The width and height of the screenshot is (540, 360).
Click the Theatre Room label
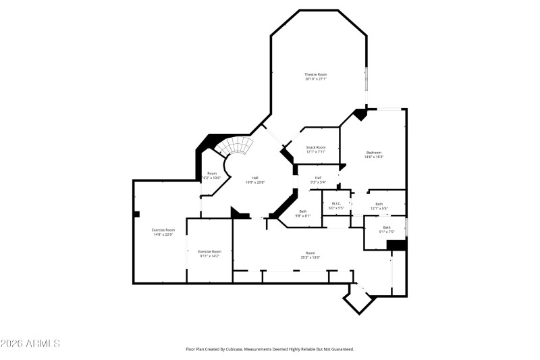tap(316, 74)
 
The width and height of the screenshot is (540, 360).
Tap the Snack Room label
tap(316, 147)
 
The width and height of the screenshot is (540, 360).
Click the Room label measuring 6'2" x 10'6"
tap(212, 175)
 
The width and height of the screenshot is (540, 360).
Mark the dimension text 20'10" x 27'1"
tap(316, 79)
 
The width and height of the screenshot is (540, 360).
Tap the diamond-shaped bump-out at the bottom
tap(359, 299)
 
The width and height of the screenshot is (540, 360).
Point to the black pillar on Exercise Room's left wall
tap(136, 214)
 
